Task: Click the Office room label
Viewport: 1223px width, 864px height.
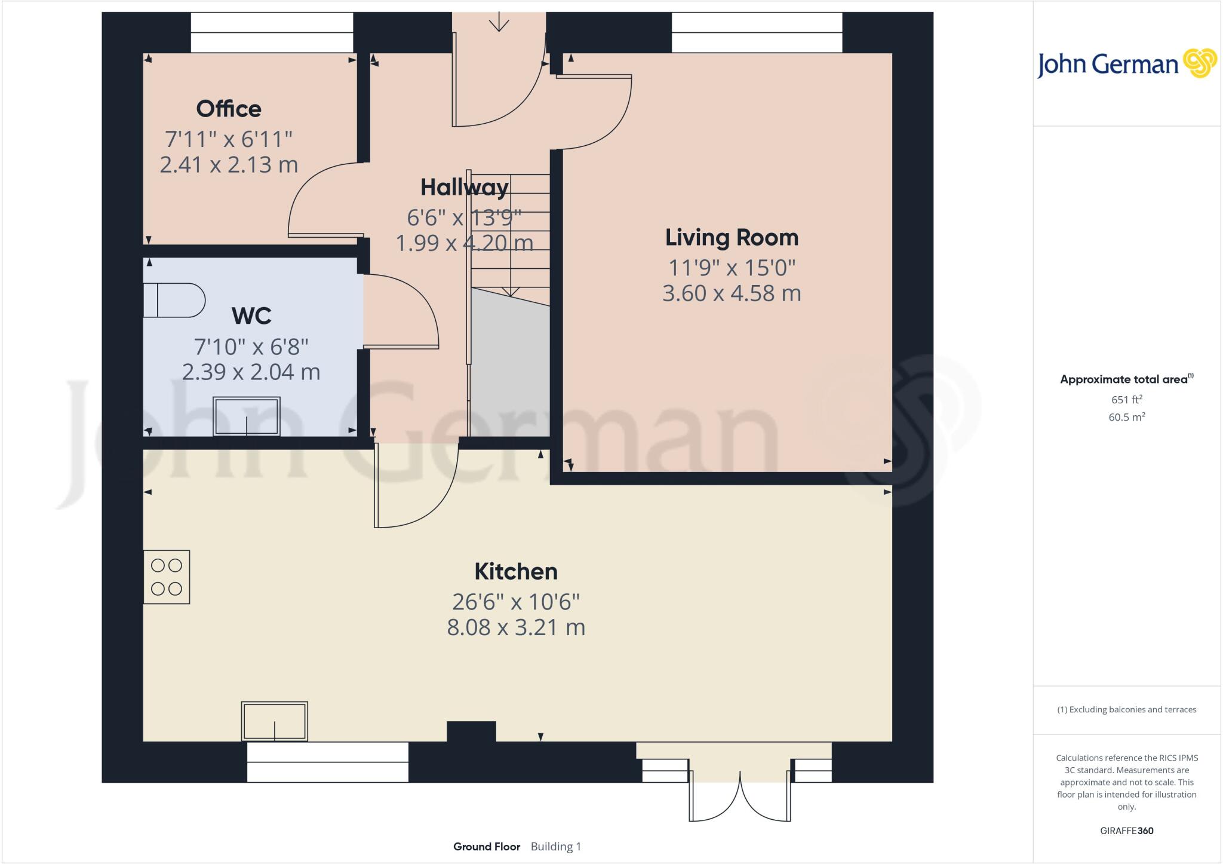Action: (x=229, y=109)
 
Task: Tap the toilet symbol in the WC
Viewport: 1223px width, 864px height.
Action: (x=174, y=300)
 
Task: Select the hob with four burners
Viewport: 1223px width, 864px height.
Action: (x=167, y=577)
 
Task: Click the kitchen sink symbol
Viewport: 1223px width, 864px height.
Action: (x=274, y=721)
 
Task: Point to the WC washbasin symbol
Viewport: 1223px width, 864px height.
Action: (x=247, y=416)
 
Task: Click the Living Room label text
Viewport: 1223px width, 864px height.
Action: (x=732, y=238)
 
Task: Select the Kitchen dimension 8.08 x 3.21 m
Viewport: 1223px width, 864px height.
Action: (x=516, y=627)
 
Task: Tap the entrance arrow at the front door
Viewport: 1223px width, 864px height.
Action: (x=499, y=23)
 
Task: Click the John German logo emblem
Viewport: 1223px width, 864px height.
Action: (x=1200, y=63)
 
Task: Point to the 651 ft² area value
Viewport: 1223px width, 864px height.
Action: (x=1126, y=400)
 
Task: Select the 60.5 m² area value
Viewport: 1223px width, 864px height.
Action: (x=1126, y=417)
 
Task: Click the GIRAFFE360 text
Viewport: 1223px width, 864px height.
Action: (x=1126, y=831)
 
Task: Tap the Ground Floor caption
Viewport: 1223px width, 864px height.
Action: (x=487, y=847)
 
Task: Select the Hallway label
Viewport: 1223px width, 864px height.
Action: (x=464, y=188)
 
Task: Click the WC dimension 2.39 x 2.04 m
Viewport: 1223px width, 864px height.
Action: (x=251, y=372)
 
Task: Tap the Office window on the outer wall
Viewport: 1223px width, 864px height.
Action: (x=272, y=33)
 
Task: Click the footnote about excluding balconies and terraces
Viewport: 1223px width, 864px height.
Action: (x=1126, y=710)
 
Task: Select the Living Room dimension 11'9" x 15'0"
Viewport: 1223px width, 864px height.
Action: (x=732, y=268)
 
